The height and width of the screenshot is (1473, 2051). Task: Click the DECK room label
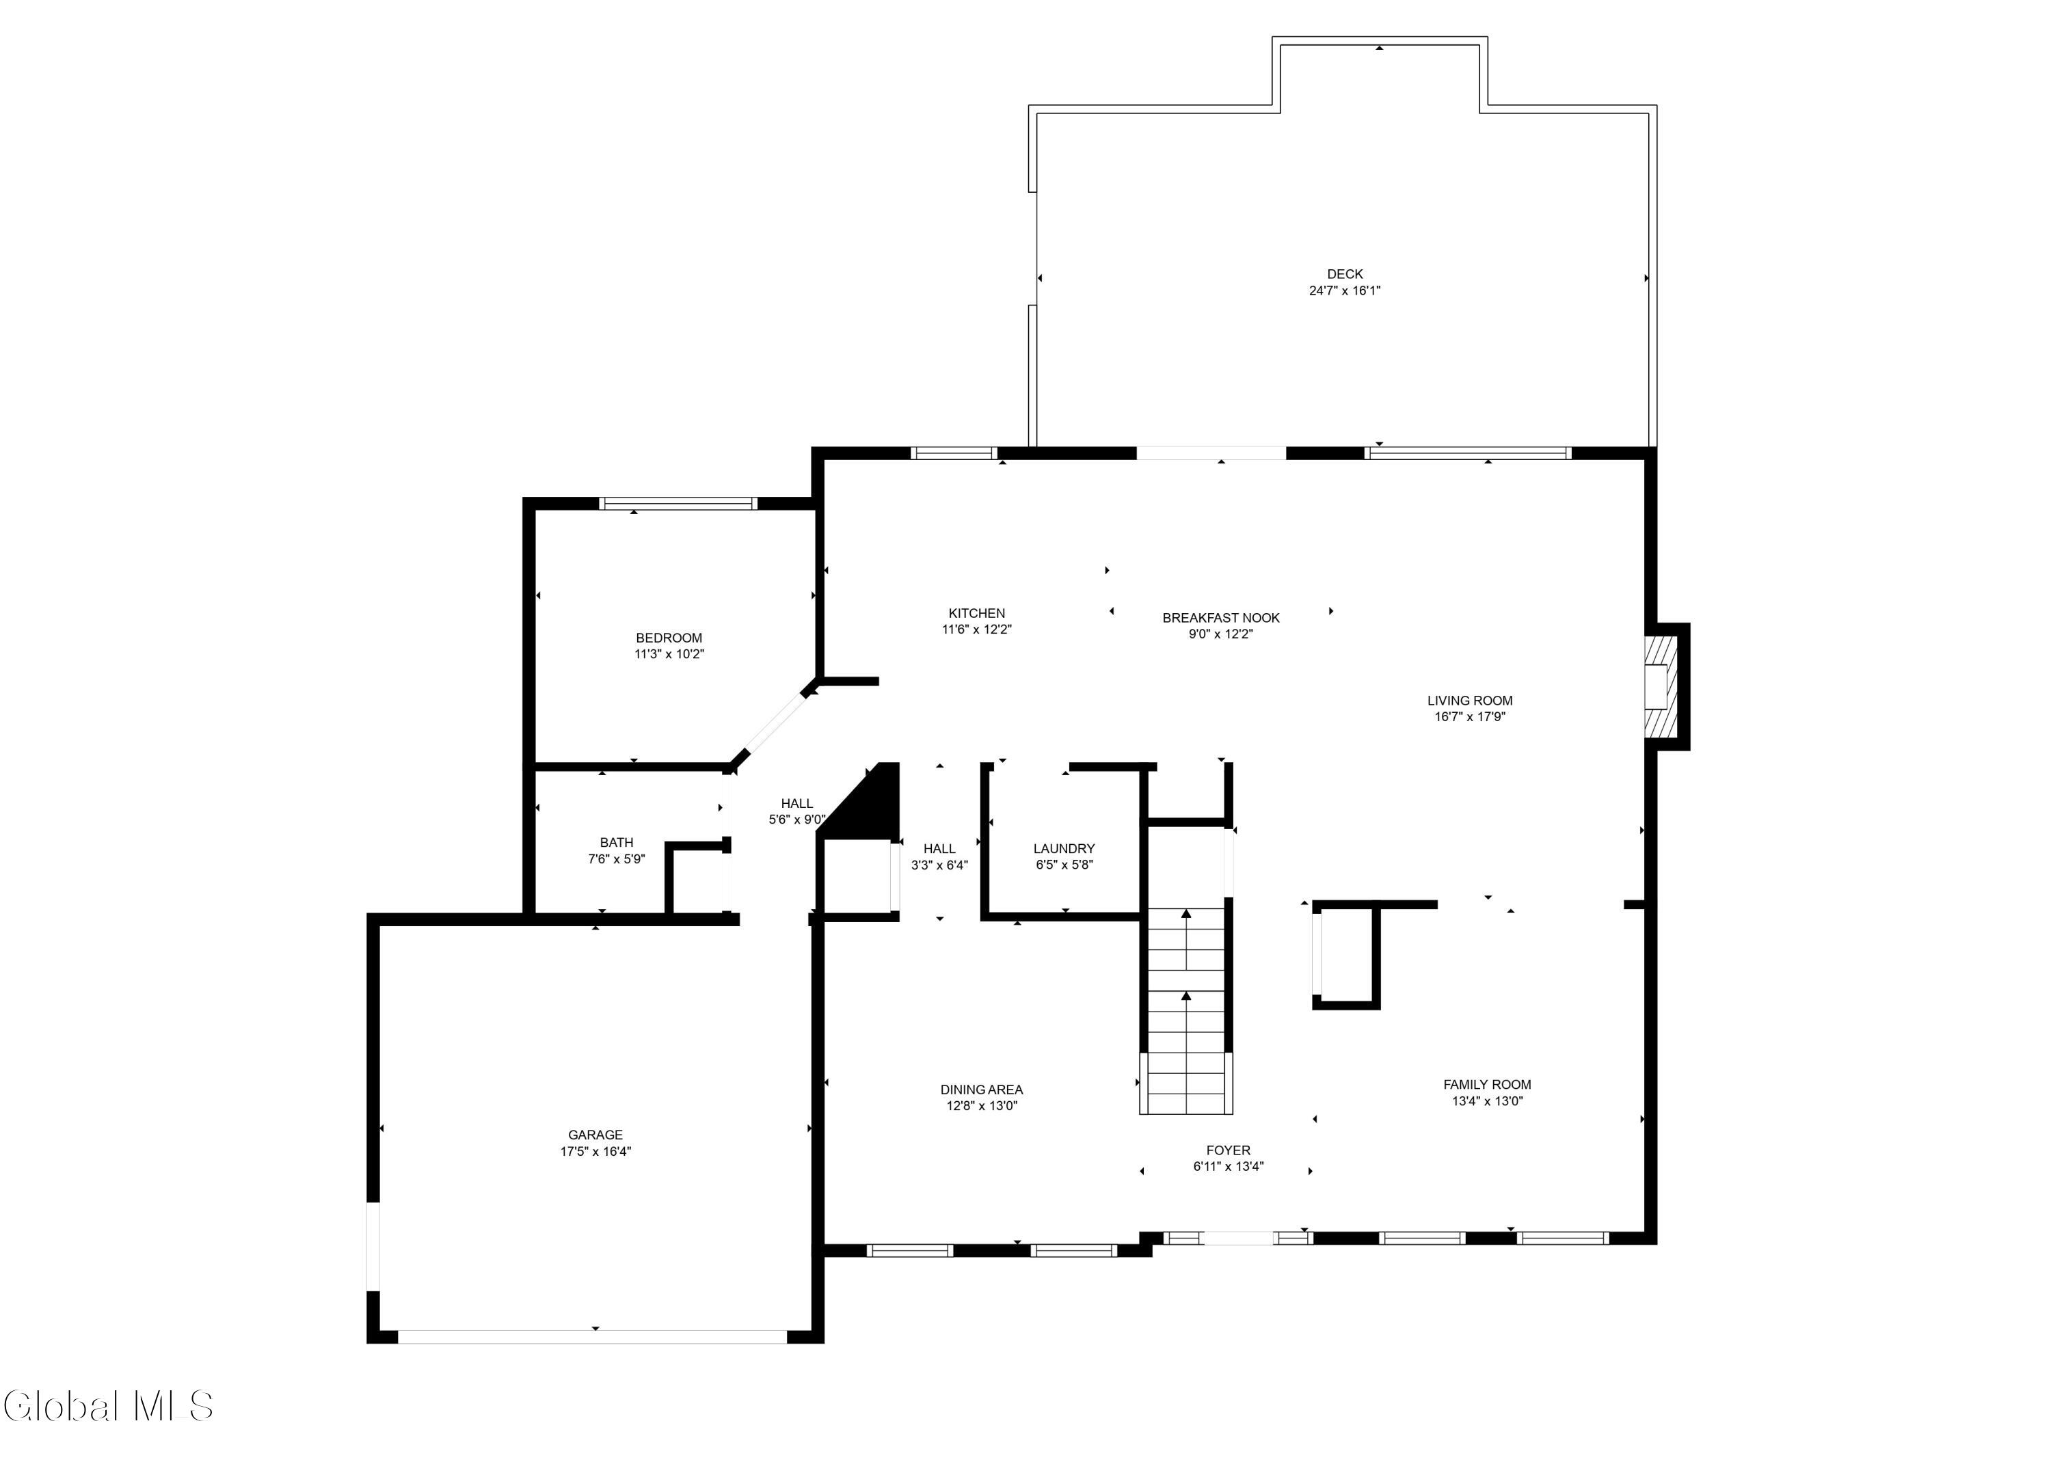tap(1345, 274)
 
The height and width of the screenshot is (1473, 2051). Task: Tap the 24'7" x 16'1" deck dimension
tap(1345, 291)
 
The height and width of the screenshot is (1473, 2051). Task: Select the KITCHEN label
tap(977, 613)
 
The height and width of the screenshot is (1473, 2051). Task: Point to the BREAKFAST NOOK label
tap(1221, 618)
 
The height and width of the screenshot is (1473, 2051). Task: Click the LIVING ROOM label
tap(1469, 700)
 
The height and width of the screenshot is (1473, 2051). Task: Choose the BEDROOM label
tap(669, 638)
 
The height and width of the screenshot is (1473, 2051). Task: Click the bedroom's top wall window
tap(678, 504)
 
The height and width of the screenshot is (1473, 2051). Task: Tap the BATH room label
tap(617, 842)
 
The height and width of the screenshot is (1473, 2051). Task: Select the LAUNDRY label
tap(1064, 848)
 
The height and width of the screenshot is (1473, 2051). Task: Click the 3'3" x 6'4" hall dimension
tap(939, 865)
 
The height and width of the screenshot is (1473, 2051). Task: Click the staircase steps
tap(1185, 1013)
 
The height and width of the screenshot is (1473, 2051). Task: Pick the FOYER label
tap(1228, 1150)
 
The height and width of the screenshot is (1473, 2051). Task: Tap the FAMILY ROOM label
tap(1487, 1084)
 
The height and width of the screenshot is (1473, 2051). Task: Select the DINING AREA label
tap(981, 1090)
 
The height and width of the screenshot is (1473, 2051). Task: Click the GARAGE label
tap(595, 1135)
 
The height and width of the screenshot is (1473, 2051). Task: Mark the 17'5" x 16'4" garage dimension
tap(595, 1152)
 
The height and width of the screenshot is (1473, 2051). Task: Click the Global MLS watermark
tap(109, 1406)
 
